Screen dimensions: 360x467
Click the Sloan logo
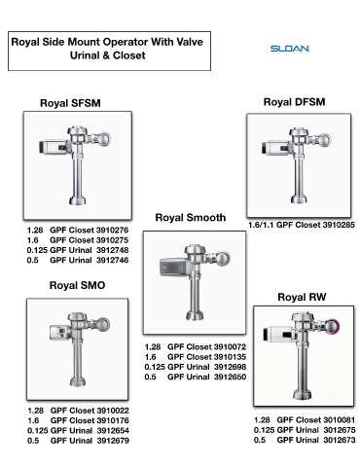(290, 49)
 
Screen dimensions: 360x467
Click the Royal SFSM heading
(70, 103)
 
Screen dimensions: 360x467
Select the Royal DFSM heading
(294, 102)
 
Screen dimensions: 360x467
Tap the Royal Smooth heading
(191, 217)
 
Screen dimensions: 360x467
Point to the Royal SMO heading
(77, 285)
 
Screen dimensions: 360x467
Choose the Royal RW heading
(302, 297)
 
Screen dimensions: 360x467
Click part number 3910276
(112, 230)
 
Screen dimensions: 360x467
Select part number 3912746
(112, 260)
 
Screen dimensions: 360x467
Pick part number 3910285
(339, 225)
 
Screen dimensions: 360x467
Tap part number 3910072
(230, 346)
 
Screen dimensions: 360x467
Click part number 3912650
(230, 377)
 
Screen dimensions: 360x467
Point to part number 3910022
(113, 411)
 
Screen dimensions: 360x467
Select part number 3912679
(113, 441)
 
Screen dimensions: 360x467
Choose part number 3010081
(340, 420)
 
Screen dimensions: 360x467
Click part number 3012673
(340, 440)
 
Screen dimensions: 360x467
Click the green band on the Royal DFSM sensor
(263, 149)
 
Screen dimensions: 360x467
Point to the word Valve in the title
(190, 42)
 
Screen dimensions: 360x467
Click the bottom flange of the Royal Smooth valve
(195, 315)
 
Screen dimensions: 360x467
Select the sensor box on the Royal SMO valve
(59, 333)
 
